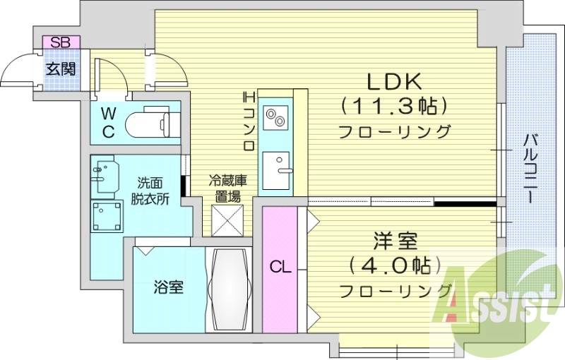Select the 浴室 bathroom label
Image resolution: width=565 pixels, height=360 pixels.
pos(169,288)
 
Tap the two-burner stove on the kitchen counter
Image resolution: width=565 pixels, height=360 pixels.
pos(275,116)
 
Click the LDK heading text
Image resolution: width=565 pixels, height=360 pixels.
pos(394,80)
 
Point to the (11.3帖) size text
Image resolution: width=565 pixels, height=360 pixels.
pos(394,106)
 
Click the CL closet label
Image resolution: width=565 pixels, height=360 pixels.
pos(280,268)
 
